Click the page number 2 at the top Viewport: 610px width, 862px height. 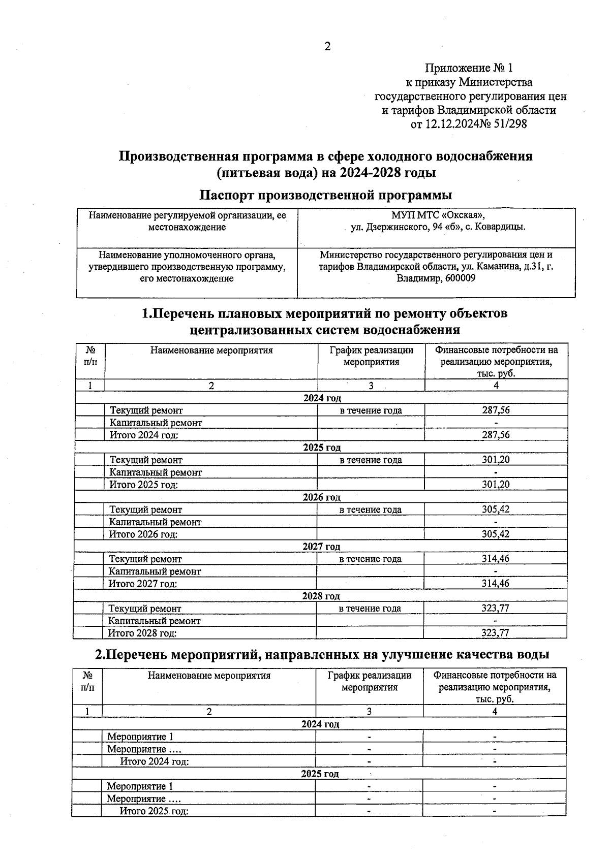[327, 47]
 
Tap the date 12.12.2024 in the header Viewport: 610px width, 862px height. [452, 123]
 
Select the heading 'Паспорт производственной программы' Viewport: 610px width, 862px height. [326, 195]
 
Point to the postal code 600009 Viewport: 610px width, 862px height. [457, 278]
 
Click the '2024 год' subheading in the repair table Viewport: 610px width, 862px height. [322, 398]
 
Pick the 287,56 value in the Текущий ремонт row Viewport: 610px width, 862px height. [496, 410]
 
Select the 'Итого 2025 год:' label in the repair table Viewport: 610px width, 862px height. [144, 485]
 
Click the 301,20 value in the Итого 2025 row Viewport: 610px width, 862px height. [496, 485]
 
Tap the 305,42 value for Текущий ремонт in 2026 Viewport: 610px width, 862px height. [496, 509]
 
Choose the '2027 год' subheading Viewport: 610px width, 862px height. [321, 547]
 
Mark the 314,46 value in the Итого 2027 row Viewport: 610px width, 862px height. [495, 584]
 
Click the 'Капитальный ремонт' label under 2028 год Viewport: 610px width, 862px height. [155, 621]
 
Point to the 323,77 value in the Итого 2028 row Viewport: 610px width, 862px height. [495, 633]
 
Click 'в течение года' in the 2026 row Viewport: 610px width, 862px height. [371, 509]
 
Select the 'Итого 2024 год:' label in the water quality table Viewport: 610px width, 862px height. [155, 761]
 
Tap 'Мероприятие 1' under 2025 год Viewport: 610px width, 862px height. [140, 786]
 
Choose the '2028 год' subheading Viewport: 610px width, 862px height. [321, 596]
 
